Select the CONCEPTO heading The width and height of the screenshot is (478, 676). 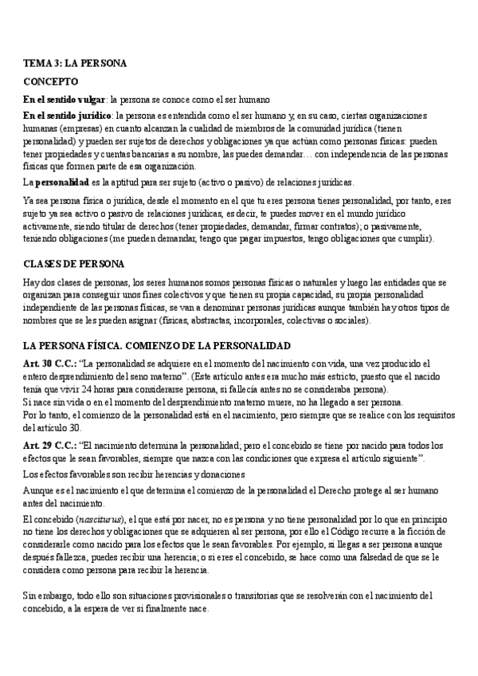click(50, 81)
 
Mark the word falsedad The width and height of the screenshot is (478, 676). click(314, 556)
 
